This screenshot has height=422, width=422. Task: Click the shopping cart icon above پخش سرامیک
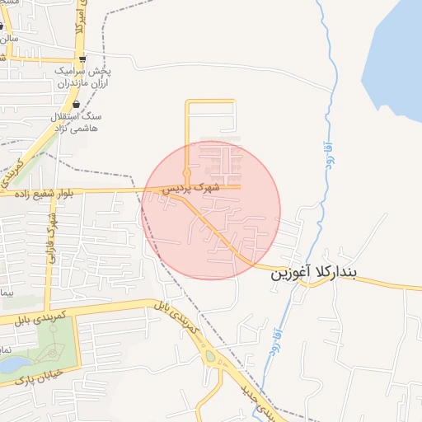pos(82,59)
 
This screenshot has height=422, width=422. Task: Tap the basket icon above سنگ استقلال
pos(76,105)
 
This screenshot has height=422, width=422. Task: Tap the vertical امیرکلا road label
pos(79,16)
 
